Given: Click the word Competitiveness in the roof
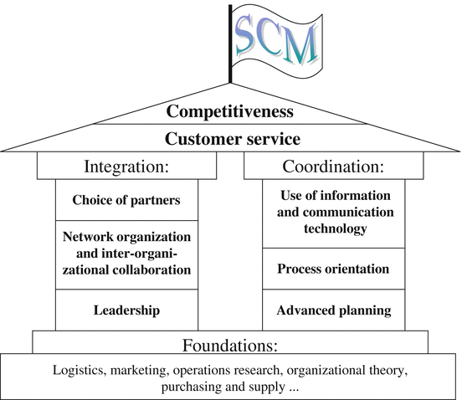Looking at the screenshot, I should pyautogui.click(x=230, y=111).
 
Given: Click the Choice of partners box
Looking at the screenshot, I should pyautogui.click(x=126, y=200).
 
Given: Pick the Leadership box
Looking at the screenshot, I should pyautogui.click(x=126, y=310).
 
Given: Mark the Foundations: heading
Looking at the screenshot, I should pyautogui.click(x=230, y=344).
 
